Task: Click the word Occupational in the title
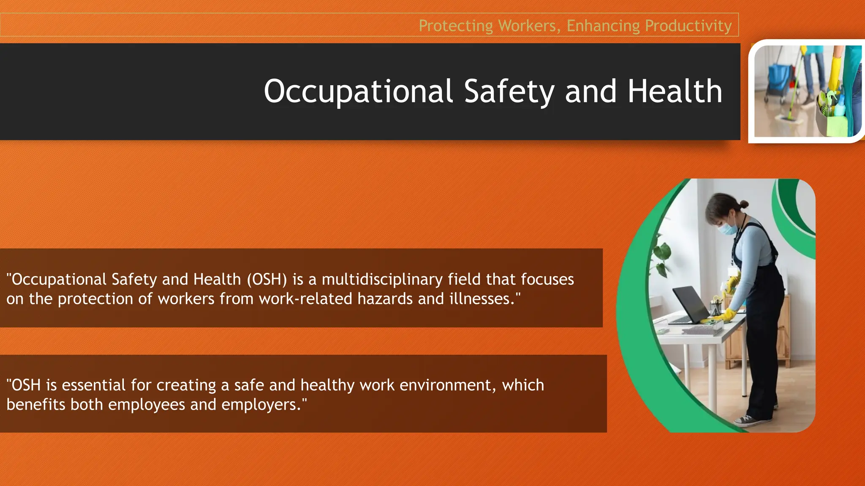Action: [358, 92]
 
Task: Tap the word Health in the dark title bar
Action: [675, 92]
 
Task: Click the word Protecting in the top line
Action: [456, 26]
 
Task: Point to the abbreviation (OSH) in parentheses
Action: [267, 279]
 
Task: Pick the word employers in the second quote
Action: [261, 405]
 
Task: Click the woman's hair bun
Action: [744, 205]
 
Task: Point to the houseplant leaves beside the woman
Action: [661, 253]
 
